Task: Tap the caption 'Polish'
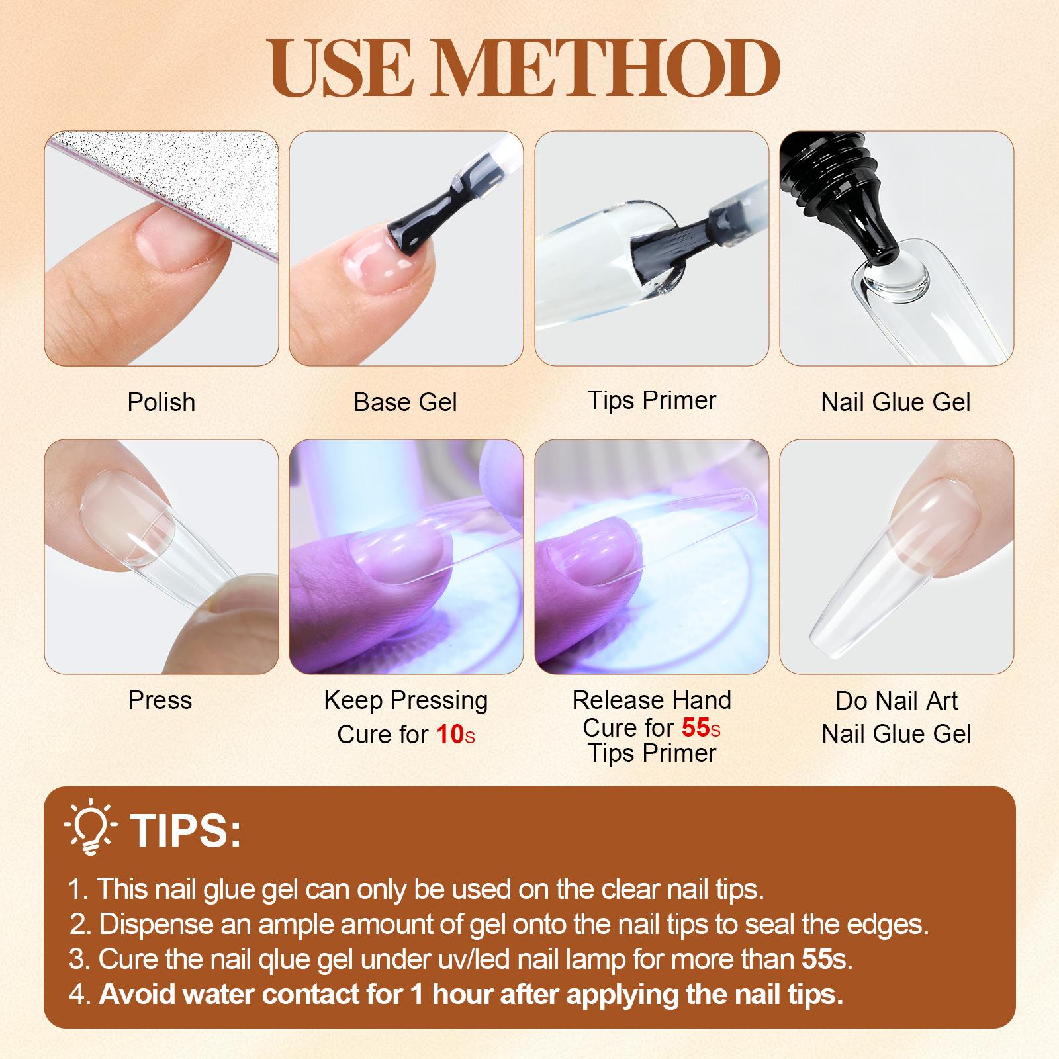pyautogui.click(x=161, y=402)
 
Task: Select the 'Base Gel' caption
pyautogui.click(x=406, y=402)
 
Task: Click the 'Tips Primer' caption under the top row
pyautogui.click(x=652, y=400)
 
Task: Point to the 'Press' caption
pyautogui.click(x=160, y=700)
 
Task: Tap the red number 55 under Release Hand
pyautogui.click(x=696, y=727)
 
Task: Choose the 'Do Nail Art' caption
pyautogui.click(x=897, y=700)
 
